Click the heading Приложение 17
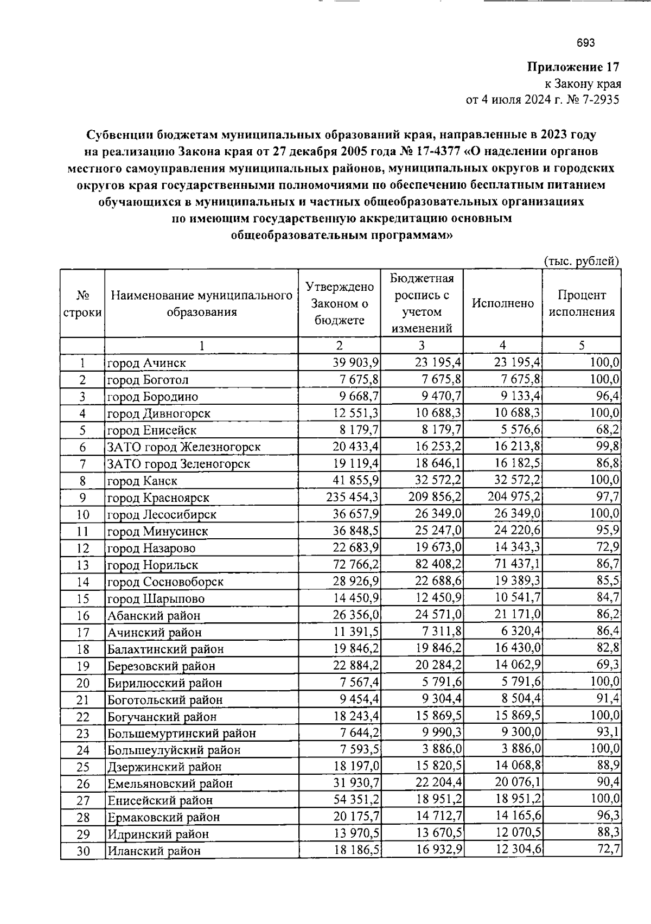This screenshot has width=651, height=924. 573,67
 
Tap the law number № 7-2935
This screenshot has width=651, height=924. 590,100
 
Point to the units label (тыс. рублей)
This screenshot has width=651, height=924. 581,261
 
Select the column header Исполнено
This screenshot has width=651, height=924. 502,303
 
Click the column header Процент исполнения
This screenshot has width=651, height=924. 581,303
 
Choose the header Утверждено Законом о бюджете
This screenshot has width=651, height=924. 339,303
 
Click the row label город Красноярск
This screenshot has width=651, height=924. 158,498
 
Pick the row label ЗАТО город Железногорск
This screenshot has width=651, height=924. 183,447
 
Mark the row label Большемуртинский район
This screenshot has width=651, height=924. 181,734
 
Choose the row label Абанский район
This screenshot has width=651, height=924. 154,616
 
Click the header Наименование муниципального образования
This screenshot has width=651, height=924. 201,303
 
